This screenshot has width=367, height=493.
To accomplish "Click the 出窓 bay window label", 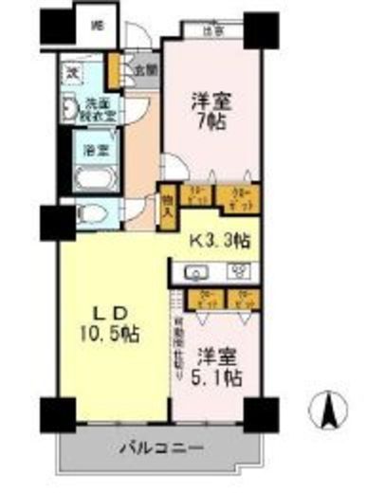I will tap(212, 30).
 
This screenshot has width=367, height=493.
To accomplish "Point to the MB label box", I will tap(97, 27).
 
